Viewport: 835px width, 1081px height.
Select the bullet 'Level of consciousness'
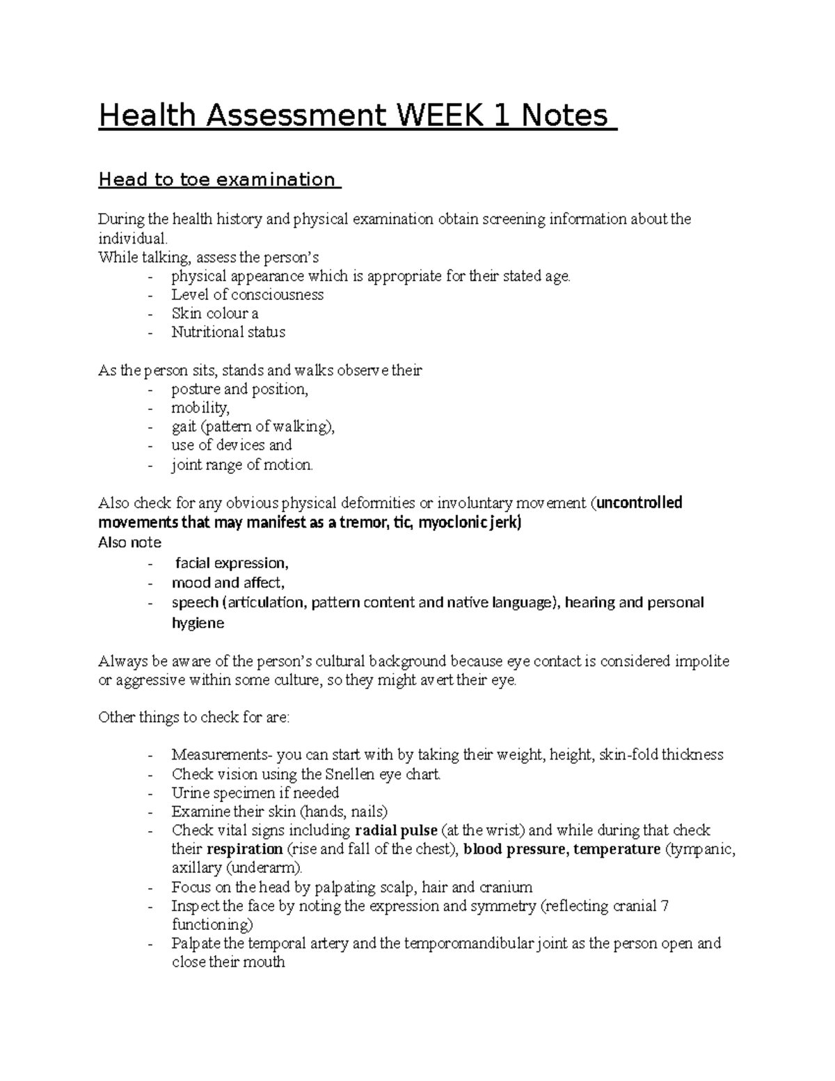click(x=247, y=294)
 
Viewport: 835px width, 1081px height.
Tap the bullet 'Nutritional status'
click(x=228, y=332)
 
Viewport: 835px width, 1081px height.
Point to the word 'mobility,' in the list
click(x=200, y=407)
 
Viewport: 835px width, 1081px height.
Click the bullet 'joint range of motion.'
click(x=242, y=465)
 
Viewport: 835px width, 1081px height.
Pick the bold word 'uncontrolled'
click(x=640, y=503)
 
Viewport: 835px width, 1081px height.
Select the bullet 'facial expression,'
click(x=232, y=562)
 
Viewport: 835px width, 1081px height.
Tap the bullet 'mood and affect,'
click(x=228, y=583)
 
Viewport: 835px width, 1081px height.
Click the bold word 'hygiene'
click(x=198, y=623)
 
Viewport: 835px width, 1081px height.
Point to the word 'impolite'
click(x=702, y=661)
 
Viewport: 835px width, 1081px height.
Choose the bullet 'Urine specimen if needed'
click(x=255, y=793)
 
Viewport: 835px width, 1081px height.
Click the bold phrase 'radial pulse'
click(x=396, y=830)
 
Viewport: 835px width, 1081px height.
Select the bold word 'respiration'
click(x=245, y=849)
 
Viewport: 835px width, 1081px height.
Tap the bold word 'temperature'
click(x=617, y=849)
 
